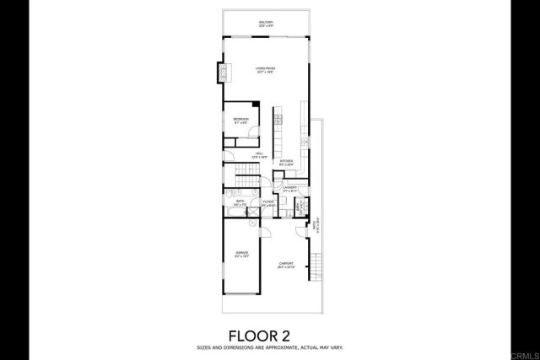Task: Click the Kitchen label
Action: click(x=286, y=162)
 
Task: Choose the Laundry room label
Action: click(x=289, y=189)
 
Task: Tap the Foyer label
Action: click(x=268, y=203)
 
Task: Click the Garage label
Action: click(x=241, y=255)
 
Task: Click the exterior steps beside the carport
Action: click(x=317, y=266)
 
